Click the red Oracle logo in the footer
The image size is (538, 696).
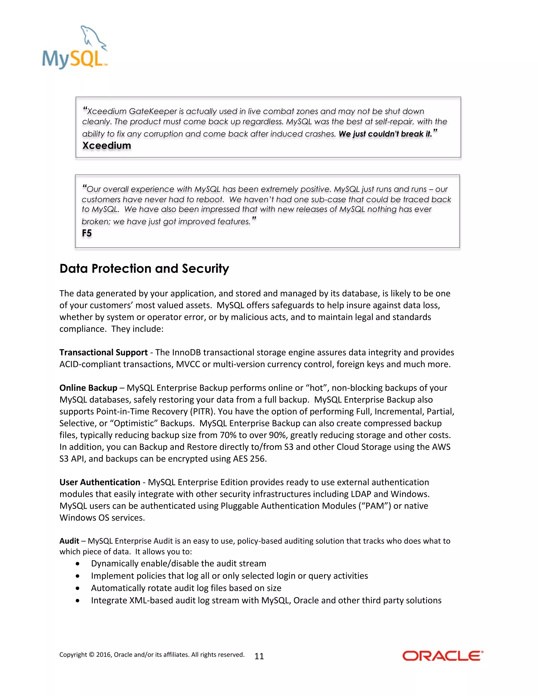443,656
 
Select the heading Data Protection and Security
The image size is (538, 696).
144,269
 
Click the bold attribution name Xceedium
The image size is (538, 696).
106,146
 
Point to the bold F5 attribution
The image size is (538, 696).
87,233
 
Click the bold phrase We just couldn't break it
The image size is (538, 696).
385,134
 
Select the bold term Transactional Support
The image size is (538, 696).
103,352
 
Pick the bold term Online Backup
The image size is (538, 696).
88,388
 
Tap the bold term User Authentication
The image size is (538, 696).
100,482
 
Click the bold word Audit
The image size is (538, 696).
69,541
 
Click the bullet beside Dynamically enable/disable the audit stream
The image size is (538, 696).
77,564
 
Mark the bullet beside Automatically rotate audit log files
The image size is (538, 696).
77,588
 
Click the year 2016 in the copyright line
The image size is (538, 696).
103,655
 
